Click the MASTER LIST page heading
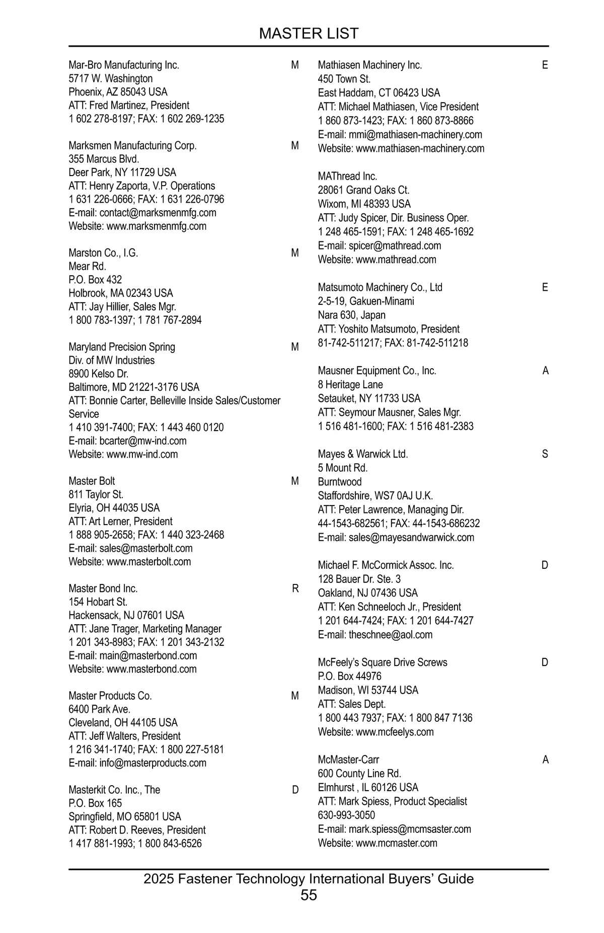309,34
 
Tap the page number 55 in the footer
309,895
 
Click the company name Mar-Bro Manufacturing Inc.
124,65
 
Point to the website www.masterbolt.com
148,562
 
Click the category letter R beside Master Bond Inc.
295,588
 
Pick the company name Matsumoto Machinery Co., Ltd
380,287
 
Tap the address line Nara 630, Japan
351,315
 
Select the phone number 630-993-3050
346,815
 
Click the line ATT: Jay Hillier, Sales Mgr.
122,307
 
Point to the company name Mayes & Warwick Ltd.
363,454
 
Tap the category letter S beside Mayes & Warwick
545,454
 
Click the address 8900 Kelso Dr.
98,374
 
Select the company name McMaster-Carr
348,759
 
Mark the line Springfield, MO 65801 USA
125,816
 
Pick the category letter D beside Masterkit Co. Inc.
295,790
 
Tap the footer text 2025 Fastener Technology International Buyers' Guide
309,879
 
